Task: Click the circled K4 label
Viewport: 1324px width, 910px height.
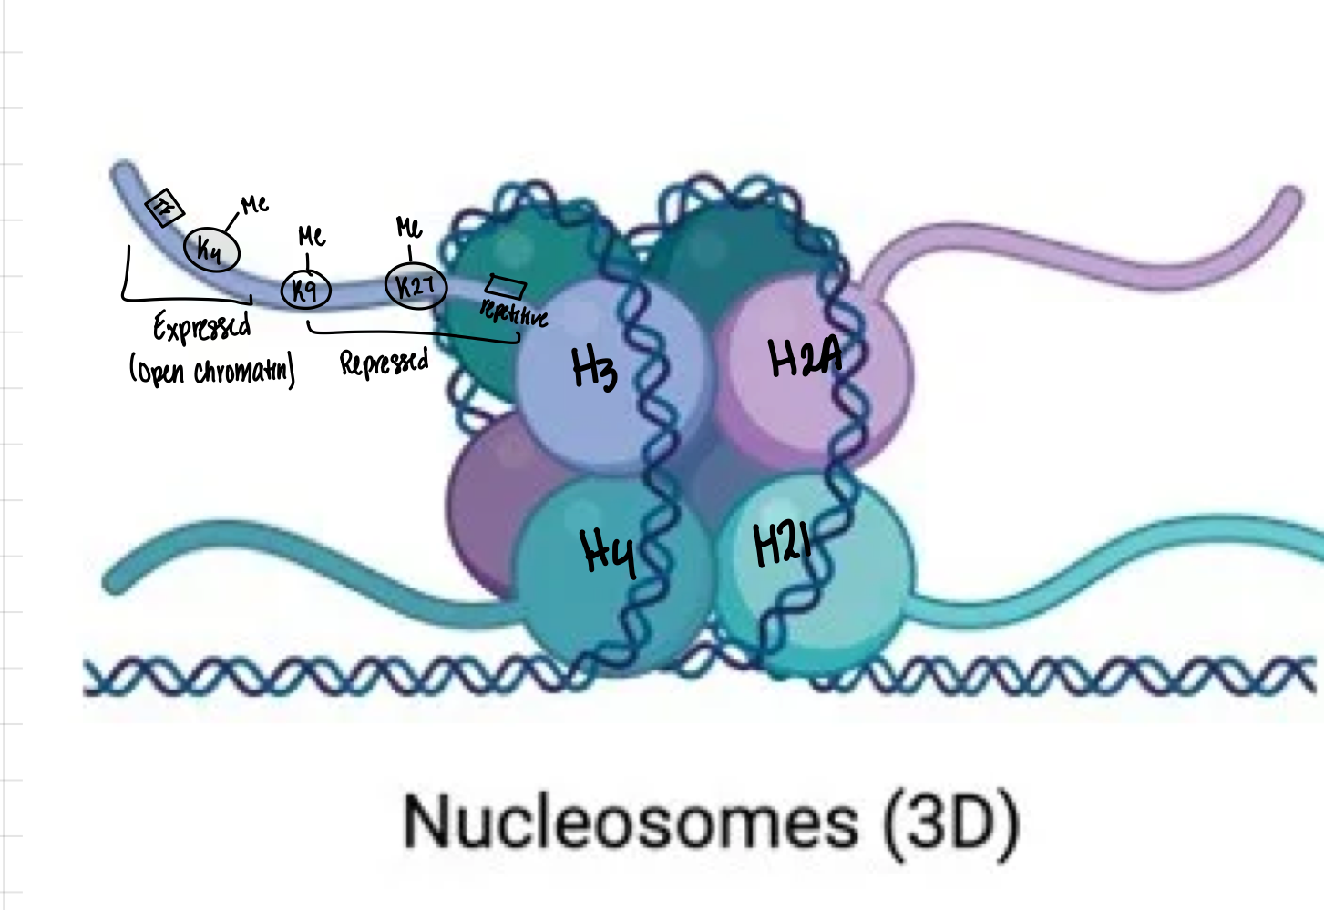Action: pyautogui.click(x=211, y=249)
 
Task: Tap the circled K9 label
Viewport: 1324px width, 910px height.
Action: pyautogui.click(x=305, y=290)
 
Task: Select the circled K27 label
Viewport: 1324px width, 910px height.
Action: pyautogui.click(x=416, y=286)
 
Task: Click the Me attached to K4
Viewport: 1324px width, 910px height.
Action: pyautogui.click(x=254, y=204)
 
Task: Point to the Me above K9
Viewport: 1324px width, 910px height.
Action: pyautogui.click(x=312, y=237)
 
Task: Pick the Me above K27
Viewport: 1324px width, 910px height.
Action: pyautogui.click(x=409, y=226)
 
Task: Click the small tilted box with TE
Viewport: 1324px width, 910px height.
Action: pyautogui.click(x=165, y=209)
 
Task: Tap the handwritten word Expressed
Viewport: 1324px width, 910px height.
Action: pyautogui.click(x=201, y=327)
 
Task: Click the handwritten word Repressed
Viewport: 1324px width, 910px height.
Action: pyautogui.click(x=384, y=363)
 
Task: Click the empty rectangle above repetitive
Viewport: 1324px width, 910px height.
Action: pyautogui.click(x=506, y=286)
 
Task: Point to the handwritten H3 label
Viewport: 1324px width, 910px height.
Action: pyautogui.click(x=594, y=369)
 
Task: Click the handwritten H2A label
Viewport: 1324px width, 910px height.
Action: pyautogui.click(x=804, y=357)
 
